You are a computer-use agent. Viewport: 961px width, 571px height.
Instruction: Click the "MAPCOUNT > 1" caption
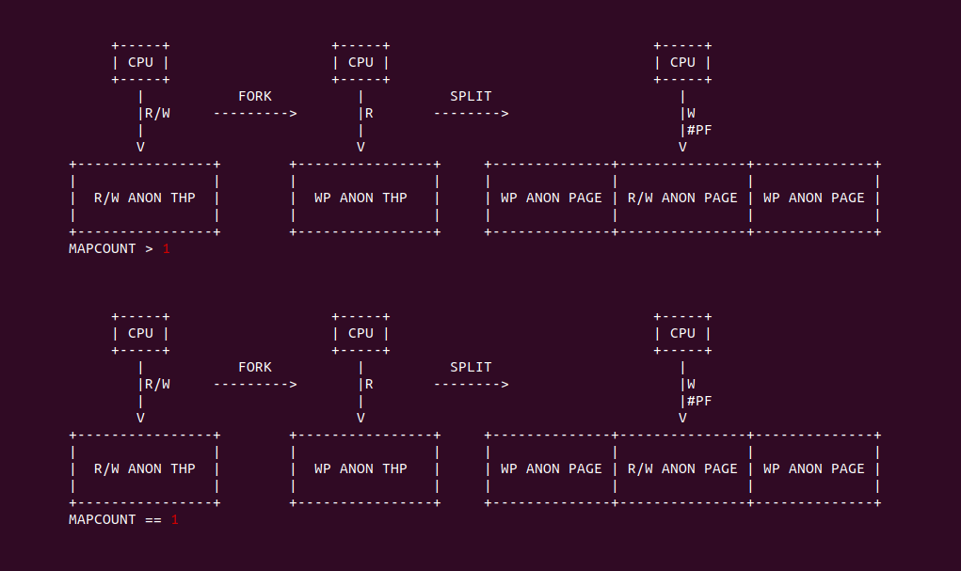coord(120,249)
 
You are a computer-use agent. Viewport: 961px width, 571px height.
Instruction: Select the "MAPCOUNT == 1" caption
coord(123,520)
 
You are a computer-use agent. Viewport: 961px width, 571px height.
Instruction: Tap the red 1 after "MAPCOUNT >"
coord(167,249)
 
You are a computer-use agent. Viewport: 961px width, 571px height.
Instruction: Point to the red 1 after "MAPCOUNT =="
coord(174,520)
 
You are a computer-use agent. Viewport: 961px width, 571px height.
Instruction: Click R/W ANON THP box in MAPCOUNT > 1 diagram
coord(145,198)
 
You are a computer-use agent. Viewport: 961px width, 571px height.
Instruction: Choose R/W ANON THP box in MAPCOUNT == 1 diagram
coord(145,469)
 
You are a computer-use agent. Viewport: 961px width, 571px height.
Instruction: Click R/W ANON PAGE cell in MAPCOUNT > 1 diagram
coord(682,198)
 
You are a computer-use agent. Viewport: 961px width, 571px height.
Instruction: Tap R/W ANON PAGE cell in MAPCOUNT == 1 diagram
coord(682,469)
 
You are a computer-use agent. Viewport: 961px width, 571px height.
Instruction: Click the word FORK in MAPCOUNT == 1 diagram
coord(255,368)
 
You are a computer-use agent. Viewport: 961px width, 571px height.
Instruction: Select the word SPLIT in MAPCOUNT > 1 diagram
coord(471,97)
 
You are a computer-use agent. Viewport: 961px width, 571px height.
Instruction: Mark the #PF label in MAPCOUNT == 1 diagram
coord(699,402)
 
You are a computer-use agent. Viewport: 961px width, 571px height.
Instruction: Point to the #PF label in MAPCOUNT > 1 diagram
coord(699,131)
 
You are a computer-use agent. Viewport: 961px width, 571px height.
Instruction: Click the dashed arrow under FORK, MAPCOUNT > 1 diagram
coord(255,114)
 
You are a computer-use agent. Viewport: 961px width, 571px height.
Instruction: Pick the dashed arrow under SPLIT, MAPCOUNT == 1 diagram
coord(471,385)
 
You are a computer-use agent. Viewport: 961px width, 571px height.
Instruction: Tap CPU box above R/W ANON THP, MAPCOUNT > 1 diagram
coord(140,63)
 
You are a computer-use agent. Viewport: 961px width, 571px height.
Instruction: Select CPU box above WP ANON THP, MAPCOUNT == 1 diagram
coord(360,334)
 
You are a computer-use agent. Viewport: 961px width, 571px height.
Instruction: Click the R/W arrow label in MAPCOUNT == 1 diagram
coord(156,385)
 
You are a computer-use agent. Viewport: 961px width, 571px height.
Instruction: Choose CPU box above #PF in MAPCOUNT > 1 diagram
coord(682,63)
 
